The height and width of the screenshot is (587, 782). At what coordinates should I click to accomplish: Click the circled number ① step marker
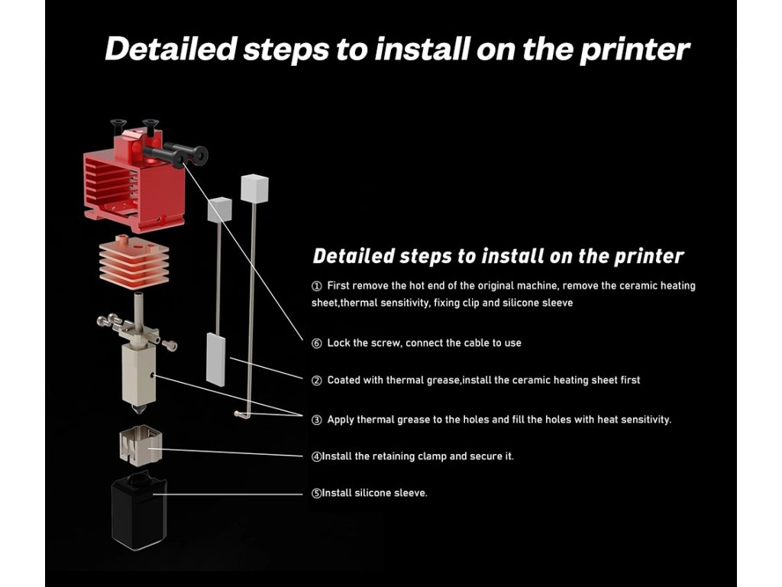pyautogui.click(x=317, y=286)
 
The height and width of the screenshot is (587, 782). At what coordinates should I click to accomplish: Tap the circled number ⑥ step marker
pyautogui.click(x=317, y=343)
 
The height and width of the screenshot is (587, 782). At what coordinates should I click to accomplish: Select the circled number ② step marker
pyautogui.click(x=317, y=381)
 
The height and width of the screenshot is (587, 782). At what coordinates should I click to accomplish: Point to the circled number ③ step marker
pyautogui.click(x=317, y=420)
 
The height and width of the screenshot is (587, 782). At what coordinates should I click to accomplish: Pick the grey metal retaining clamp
pyautogui.click(x=141, y=446)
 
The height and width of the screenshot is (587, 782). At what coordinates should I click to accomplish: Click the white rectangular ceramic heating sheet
pyautogui.click(x=216, y=358)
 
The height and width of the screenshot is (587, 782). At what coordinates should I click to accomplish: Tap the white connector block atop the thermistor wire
pyautogui.click(x=254, y=188)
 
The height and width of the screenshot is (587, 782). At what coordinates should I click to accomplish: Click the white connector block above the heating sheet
pyautogui.click(x=220, y=209)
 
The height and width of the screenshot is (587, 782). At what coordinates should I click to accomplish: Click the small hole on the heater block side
pyautogui.click(x=154, y=375)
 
